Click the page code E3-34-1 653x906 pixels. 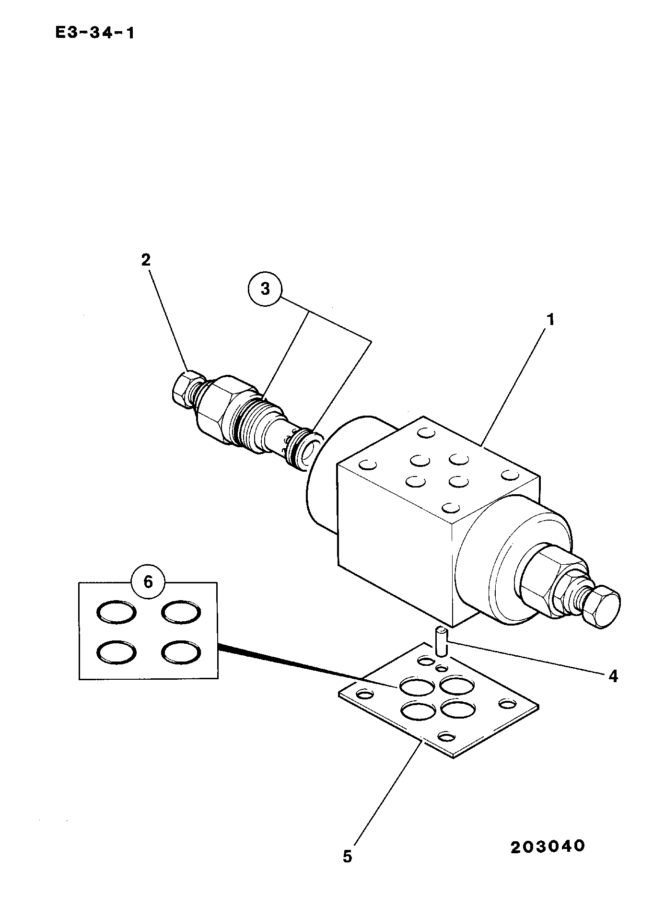pos(94,33)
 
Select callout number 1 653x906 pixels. pos(551,319)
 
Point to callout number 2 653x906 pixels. pos(146,260)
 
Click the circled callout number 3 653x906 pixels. pos(265,289)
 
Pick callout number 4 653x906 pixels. pos(613,676)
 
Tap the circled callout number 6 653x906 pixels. pos(148,582)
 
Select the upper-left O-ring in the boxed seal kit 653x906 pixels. pos(117,612)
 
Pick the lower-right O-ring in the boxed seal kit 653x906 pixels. pos(181,652)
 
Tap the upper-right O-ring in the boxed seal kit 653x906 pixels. pos(181,612)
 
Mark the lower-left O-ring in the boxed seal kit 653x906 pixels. pos(117,652)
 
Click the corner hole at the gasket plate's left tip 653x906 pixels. pos(365,694)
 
